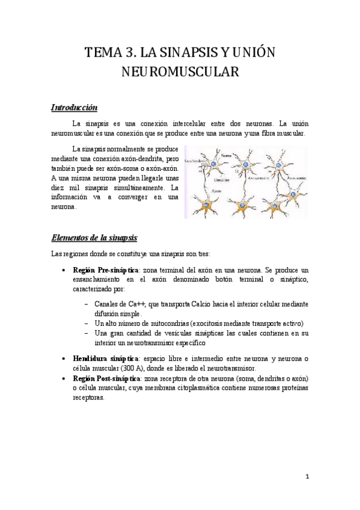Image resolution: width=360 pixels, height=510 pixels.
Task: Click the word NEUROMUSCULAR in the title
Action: click(x=180, y=72)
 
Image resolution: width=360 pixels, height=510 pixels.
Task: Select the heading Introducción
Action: click(x=74, y=108)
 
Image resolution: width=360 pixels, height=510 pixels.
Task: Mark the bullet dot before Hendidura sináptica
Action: click(x=64, y=359)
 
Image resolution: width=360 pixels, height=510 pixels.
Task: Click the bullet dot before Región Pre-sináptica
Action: click(x=64, y=271)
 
